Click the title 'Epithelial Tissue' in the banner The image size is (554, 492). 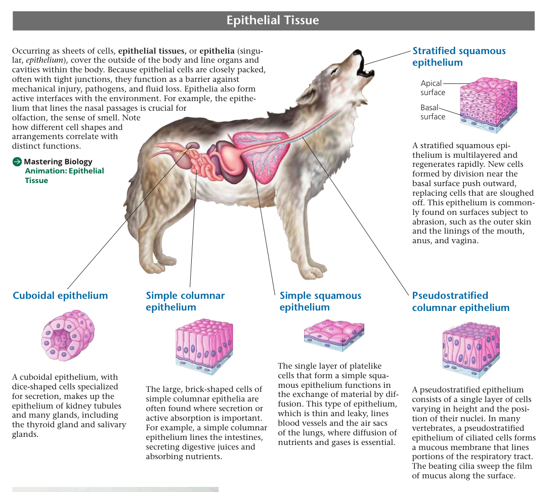click(272, 20)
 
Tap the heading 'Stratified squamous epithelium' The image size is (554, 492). click(459, 57)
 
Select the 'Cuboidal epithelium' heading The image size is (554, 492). click(60, 295)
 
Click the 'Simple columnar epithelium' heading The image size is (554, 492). click(185, 301)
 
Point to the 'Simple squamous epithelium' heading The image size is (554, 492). click(320, 301)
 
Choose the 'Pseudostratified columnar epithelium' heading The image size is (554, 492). click(461, 301)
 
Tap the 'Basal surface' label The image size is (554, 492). click(433, 112)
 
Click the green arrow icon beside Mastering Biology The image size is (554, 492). click(17, 162)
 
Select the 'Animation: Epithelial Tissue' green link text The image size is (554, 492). click(64, 175)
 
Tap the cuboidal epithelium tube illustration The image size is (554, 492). click(68, 336)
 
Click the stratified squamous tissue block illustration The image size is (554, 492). click(488, 105)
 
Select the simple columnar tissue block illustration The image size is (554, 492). click(204, 346)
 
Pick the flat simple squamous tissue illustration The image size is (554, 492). click(334, 335)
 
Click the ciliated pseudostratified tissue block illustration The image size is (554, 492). click(472, 350)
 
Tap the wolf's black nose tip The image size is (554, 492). click(357, 52)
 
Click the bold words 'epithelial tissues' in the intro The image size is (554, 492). click(151, 51)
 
